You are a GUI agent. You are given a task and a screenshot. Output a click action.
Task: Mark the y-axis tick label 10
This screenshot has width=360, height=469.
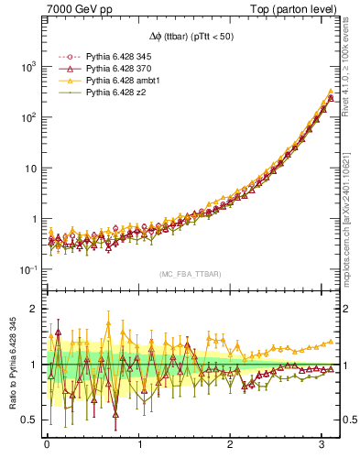coord(29,169)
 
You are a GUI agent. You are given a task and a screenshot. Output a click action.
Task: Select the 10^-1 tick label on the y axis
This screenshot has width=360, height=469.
coord(27,269)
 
